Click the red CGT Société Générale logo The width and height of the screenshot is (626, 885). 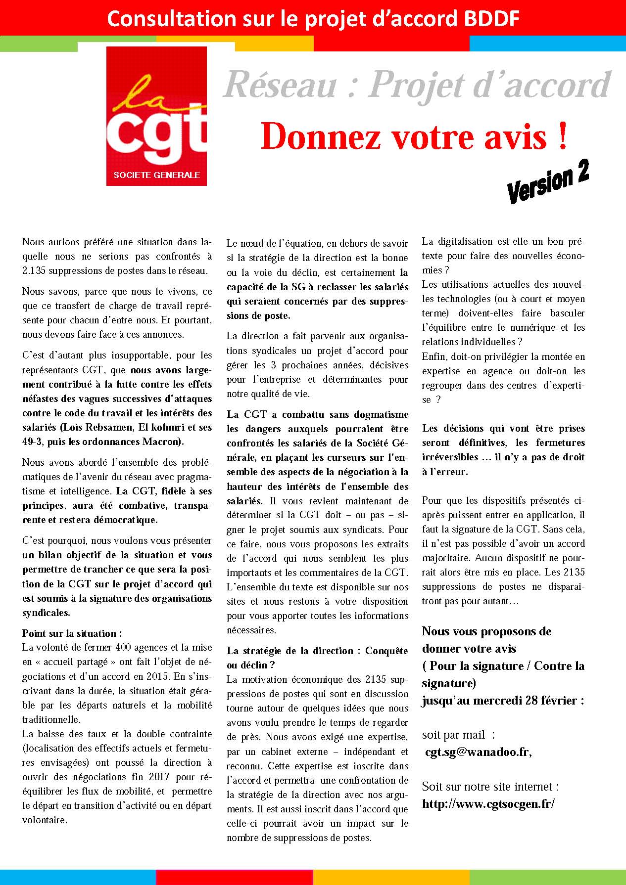(156, 116)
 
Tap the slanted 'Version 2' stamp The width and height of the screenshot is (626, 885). (548, 182)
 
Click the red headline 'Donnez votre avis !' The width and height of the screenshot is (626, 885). (414, 136)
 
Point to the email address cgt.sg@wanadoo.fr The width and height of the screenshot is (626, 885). (478, 752)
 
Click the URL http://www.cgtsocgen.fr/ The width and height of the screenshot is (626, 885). (488, 803)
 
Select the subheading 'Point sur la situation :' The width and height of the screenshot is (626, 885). (72, 633)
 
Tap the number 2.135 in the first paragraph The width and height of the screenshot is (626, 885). (34, 271)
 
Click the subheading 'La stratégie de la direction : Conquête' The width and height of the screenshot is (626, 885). (317, 651)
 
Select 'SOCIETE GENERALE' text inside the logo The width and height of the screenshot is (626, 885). (156, 175)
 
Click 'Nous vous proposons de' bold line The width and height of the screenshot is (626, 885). (486, 631)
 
